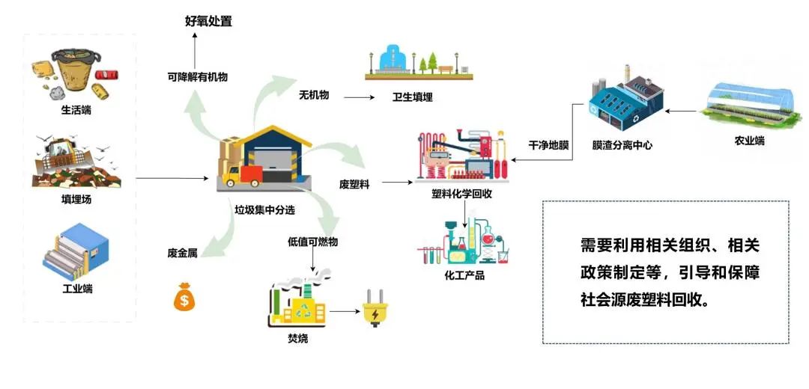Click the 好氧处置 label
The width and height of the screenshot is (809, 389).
(208, 21)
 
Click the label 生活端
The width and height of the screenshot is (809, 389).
(76, 110)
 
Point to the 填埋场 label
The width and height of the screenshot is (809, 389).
(76, 200)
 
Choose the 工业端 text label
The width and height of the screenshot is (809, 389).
(77, 288)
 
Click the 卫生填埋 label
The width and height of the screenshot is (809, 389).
(413, 97)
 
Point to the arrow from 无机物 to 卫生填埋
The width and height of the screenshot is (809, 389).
(358, 97)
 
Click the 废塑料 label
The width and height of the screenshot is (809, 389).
(354, 183)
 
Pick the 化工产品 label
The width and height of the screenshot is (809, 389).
(464, 275)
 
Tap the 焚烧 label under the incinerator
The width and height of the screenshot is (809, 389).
(297, 339)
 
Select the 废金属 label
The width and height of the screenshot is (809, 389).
(182, 253)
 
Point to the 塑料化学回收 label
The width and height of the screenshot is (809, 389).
(461, 194)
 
